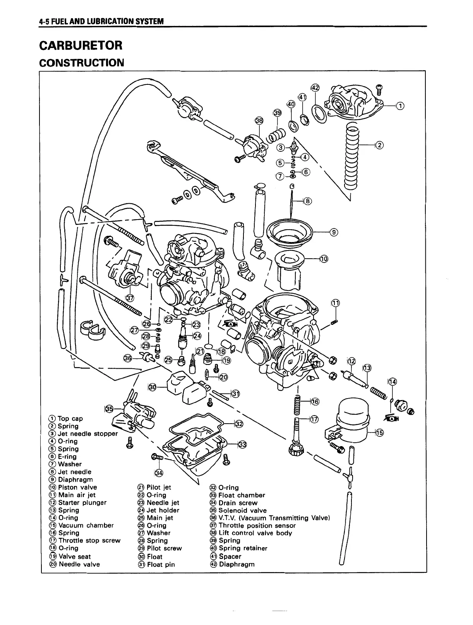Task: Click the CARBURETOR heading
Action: point(81,46)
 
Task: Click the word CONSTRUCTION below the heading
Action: point(81,62)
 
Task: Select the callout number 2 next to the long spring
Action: point(379,145)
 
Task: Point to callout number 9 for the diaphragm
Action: point(334,232)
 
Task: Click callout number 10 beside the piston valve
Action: point(323,259)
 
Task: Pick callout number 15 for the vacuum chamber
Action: point(379,433)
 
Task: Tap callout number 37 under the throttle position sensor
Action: point(130,297)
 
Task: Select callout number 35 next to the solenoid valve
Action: point(109,409)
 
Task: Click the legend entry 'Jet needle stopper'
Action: point(87,434)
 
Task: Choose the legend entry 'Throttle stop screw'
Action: point(89,541)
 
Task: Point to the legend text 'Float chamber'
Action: point(242,495)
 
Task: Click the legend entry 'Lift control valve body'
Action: point(255,533)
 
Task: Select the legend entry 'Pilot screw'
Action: point(164,548)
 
